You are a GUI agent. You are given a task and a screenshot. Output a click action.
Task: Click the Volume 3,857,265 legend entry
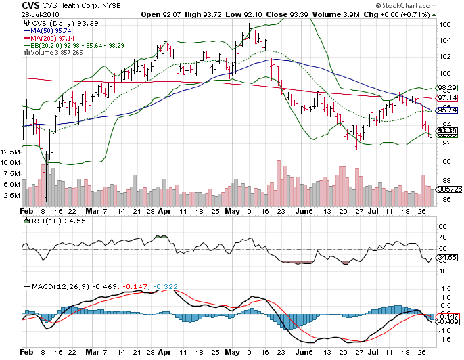[x=47, y=53]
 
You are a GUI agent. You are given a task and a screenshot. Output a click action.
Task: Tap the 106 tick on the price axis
[x=445, y=25]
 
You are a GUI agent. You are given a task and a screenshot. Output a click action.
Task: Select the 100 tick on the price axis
[x=445, y=73]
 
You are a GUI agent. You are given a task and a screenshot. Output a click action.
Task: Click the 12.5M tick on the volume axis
[x=10, y=152]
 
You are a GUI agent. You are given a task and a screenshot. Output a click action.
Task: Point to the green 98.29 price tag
[x=446, y=88]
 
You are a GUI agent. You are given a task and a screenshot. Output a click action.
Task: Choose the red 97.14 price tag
[x=446, y=98]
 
